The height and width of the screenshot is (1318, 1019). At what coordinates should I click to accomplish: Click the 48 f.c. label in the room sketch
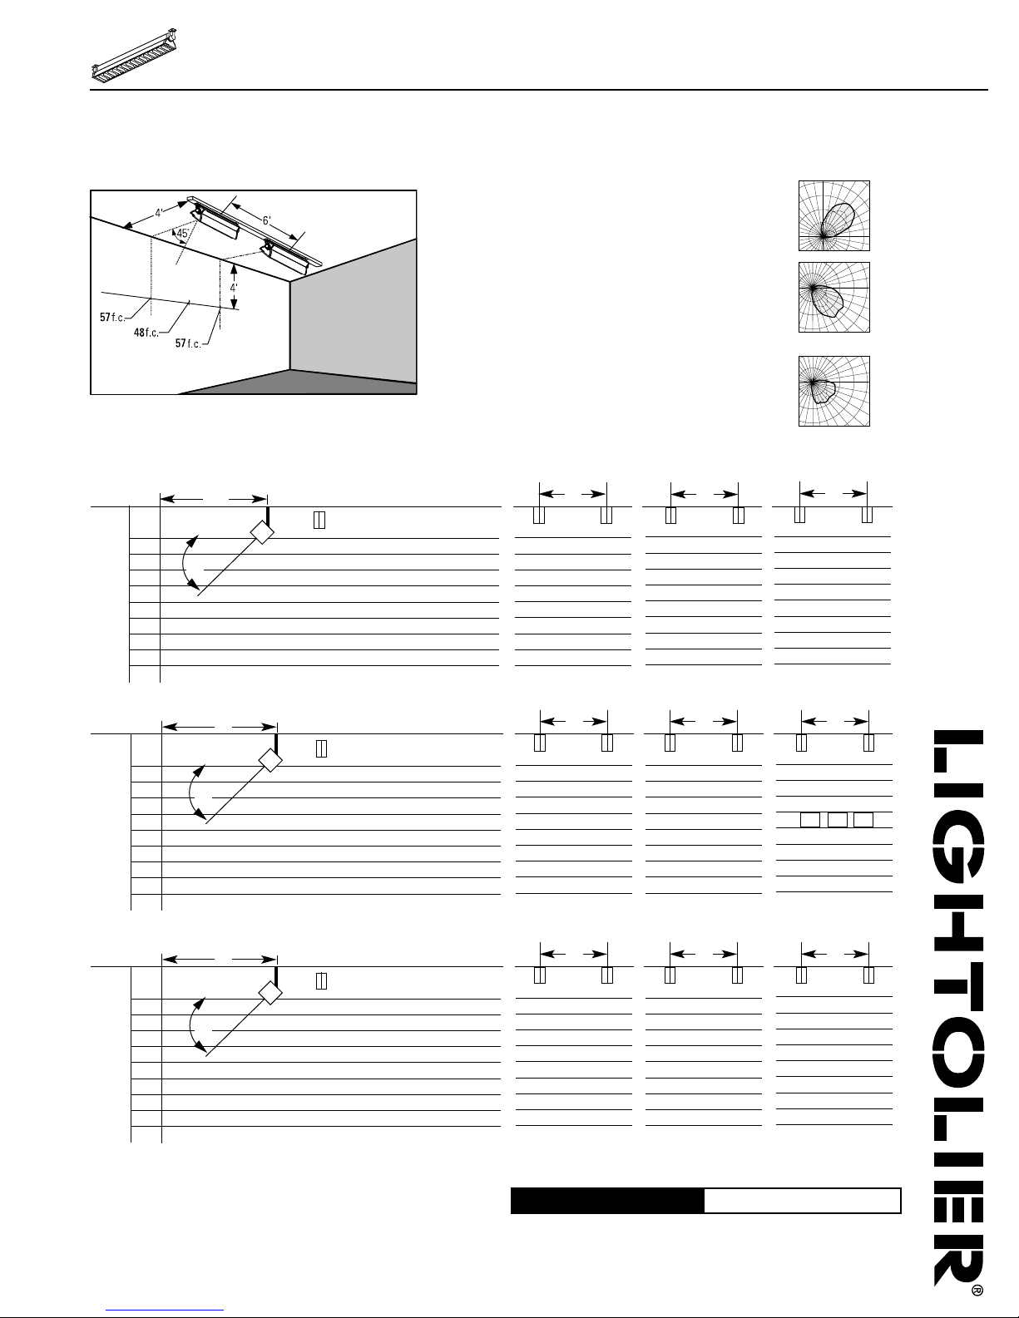[x=146, y=333]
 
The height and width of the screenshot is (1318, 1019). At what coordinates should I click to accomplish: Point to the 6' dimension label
[x=266, y=221]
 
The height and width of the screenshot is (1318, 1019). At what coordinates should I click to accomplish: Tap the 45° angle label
[x=182, y=233]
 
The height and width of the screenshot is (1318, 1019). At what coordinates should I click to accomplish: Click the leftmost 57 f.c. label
[x=112, y=317]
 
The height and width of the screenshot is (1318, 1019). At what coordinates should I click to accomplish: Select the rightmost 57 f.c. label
[x=187, y=343]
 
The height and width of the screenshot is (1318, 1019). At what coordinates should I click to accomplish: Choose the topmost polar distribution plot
[x=834, y=215]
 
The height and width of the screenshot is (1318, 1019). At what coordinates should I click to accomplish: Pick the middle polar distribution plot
[x=834, y=297]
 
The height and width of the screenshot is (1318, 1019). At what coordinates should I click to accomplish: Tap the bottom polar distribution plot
[x=834, y=391]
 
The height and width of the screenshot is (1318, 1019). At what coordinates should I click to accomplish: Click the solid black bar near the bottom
[x=607, y=1200]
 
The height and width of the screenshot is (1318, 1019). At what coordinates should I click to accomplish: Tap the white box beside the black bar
[x=803, y=1200]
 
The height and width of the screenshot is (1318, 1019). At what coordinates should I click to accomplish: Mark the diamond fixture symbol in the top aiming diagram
[x=262, y=532]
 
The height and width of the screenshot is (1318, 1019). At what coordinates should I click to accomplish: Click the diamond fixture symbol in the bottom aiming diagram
[x=270, y=993]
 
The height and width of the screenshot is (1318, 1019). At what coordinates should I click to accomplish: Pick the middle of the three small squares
[x=838, y=819]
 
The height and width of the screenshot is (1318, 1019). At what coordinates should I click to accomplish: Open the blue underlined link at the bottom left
[x=165, y=1310]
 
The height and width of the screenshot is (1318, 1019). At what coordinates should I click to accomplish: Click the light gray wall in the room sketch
[x=353, y=309]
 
